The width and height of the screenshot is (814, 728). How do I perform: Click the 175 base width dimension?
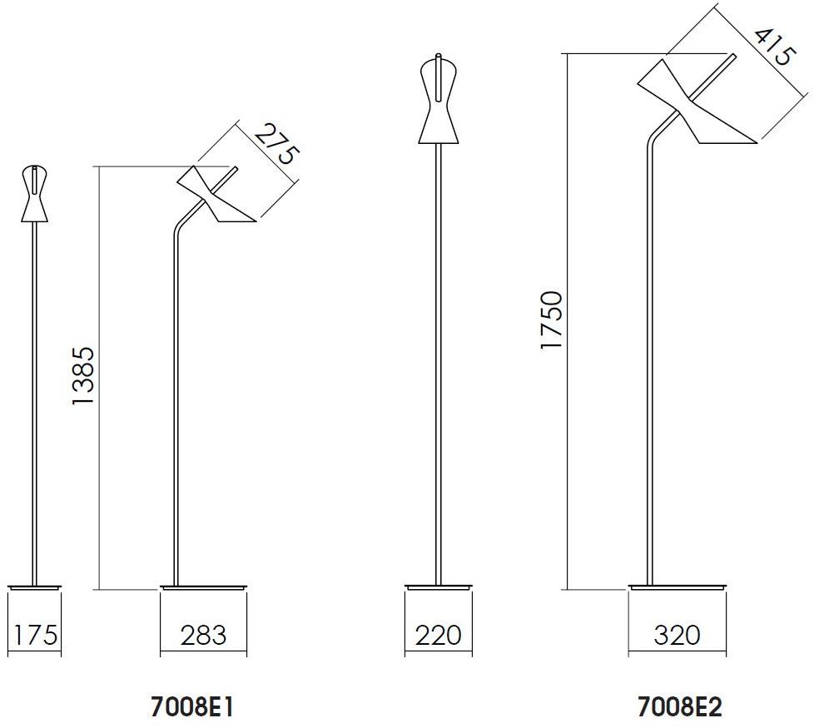pyautogui.click(x=35, y=636)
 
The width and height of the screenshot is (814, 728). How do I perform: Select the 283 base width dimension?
pyautogui.click(x=203, y=636)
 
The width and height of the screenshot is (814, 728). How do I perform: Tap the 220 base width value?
pyautogui.click(x=438, y=636)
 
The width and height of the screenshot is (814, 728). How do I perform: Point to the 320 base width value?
pyautogui.click(x=677, y=636)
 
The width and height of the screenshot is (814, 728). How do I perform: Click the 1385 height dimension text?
pyautogui.click(x=84, y=375)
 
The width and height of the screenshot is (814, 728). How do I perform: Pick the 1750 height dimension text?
pyautogui.click(x=551, y=320)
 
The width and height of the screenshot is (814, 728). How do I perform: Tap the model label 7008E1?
pyautogui.click(x=191, y=706)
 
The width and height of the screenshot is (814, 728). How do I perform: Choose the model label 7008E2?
pyautogui.click(x=679, y=706)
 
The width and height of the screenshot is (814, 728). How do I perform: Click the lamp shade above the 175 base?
pyautogui.click(x=34, y=195)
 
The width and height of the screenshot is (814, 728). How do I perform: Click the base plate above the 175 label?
pyautogui.click(x=34, y=587)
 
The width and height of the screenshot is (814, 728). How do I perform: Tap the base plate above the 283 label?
pyautogui.click(x=204, y=587)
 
